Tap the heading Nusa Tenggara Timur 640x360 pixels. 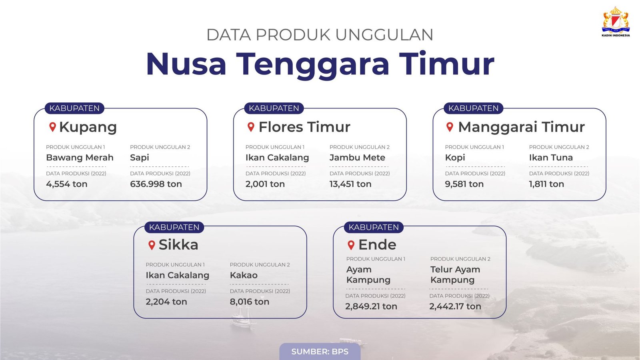(320, 64)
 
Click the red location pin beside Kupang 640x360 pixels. (52, 127)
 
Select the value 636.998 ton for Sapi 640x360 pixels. (156, 184)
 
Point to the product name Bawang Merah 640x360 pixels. (80, 158)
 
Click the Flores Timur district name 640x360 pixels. (304, 127)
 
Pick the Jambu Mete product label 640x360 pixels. (358, 158)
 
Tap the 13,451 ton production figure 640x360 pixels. (350, 184)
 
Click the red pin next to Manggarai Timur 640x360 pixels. (450, 127)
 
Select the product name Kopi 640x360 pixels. (455, 158)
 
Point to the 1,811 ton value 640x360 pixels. (546, 184)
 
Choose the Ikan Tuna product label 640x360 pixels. (551, 158)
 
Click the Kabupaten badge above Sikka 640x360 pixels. (174, 227)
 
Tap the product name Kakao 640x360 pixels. (244, 275)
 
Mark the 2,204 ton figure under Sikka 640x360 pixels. (166, 302)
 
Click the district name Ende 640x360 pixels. (377, 244)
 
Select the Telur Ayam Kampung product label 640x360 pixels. (455, 274)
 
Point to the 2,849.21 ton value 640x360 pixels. (371, 306)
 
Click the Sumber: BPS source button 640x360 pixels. (320, 352)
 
